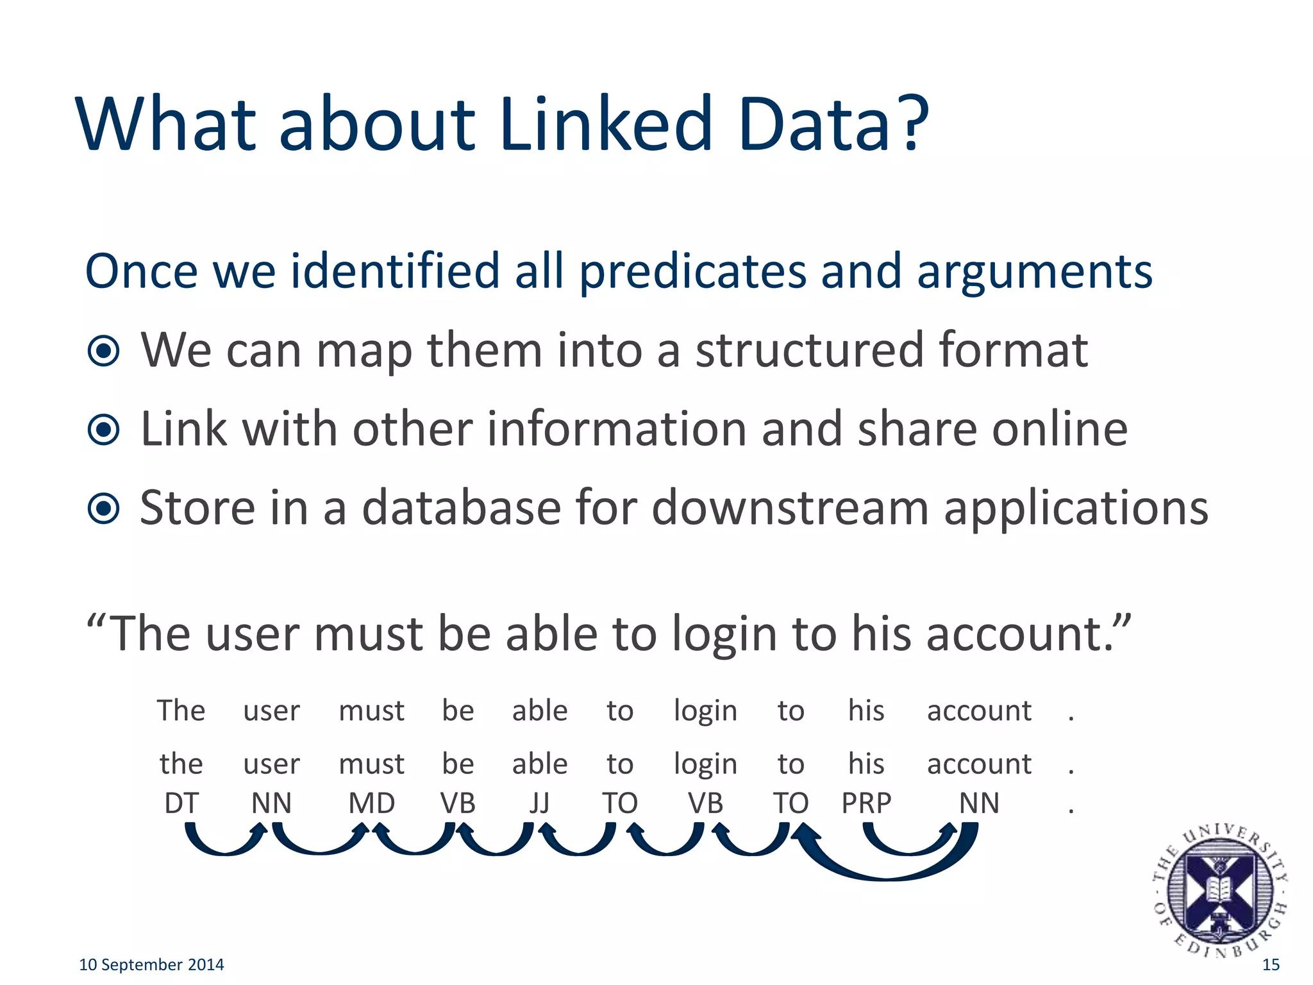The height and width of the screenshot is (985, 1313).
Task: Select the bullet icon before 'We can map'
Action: coord(104,351)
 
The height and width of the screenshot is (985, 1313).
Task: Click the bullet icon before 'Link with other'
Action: coord(104,430)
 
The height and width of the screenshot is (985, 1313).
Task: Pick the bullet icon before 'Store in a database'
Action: coord(104,509)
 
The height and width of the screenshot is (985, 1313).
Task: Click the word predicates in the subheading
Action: coord(692,272)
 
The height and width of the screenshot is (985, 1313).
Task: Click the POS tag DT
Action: coord(181,803)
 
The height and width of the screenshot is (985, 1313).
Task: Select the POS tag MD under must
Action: coord(371,803)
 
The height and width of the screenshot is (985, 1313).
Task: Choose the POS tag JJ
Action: coord(540,803)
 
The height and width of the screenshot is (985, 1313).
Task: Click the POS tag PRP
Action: coord(866,803)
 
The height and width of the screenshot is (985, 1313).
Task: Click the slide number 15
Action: coord(1271,964)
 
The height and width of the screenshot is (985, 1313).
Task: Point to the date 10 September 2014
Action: coord(151,964)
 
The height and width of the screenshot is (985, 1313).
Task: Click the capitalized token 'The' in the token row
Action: coord(181,711)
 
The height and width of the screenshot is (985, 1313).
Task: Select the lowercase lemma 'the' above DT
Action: coord(181,764)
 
